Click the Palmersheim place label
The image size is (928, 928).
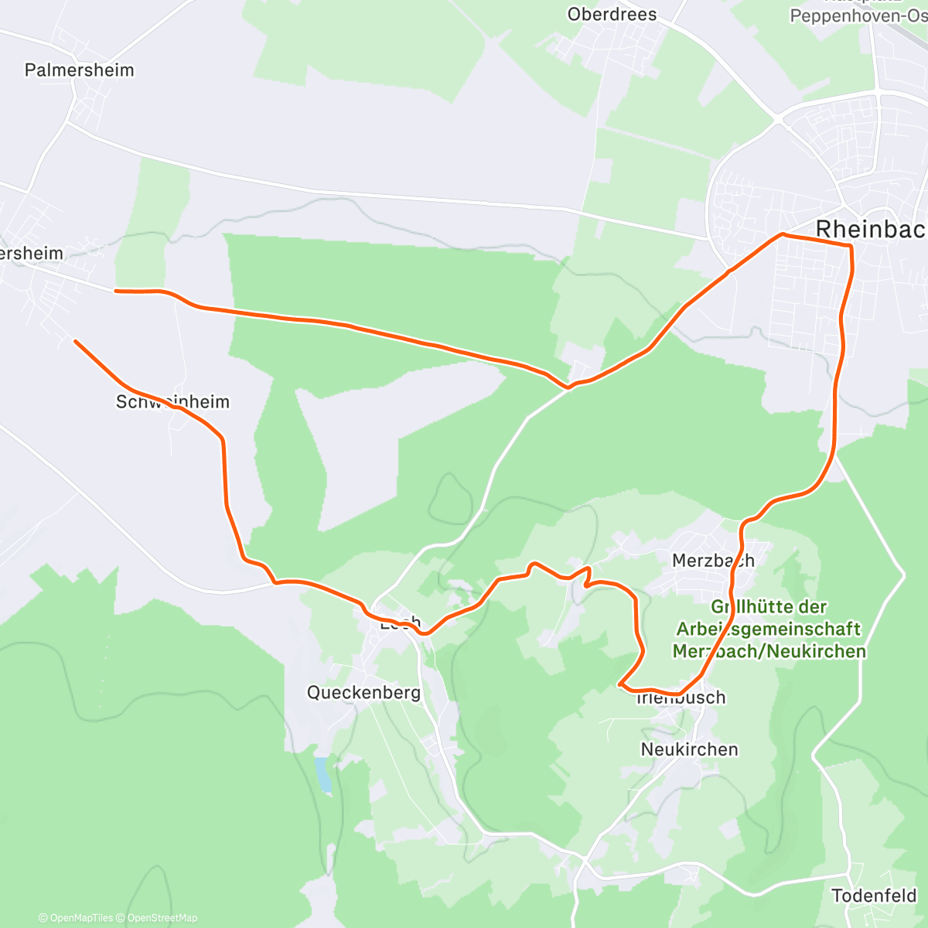79,70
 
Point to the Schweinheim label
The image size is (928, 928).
172,402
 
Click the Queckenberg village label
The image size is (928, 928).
363,692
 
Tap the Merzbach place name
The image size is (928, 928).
713,561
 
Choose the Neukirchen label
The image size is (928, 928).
689,749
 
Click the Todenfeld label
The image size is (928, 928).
874,896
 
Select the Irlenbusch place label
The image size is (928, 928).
681,698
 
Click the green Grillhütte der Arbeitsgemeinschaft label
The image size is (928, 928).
769,629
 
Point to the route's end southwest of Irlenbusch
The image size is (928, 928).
620,684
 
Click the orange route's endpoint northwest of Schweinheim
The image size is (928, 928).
76,341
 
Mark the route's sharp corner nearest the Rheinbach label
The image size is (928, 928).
851,246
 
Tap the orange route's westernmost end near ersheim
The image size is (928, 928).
116,291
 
